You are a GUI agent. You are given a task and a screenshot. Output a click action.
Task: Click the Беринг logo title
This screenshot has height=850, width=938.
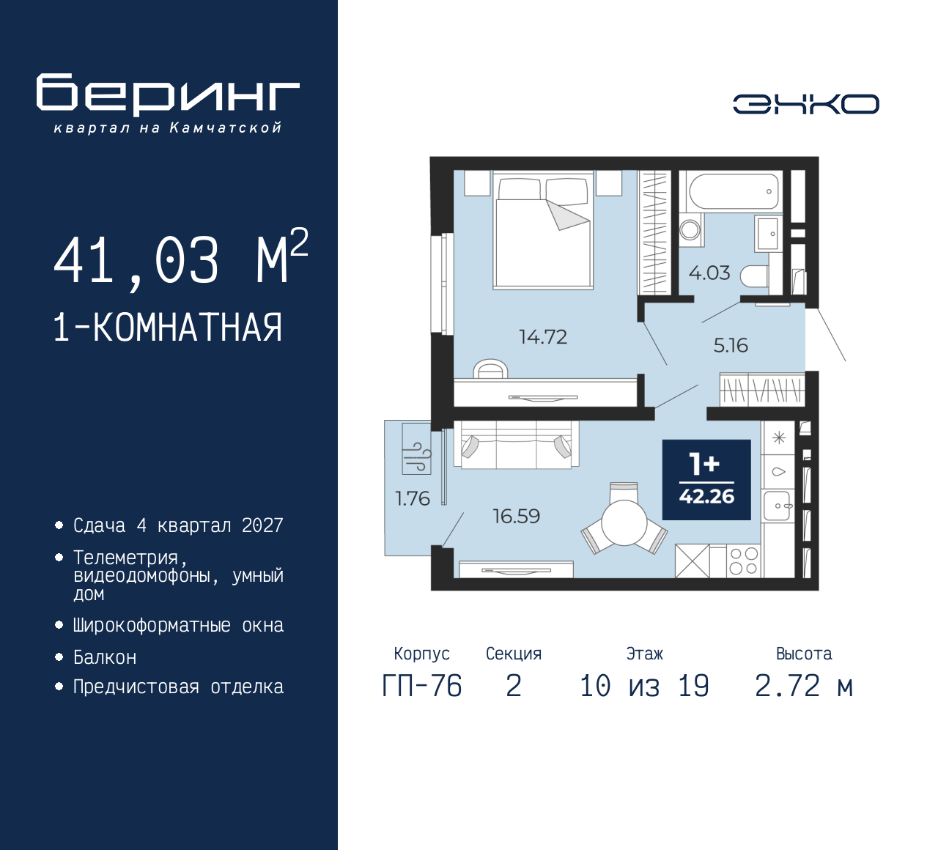coord(168,95)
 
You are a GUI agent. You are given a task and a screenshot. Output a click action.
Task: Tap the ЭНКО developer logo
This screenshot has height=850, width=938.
coord(805,104)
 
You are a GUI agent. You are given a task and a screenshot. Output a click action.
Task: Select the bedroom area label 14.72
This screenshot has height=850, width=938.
coord(543,337)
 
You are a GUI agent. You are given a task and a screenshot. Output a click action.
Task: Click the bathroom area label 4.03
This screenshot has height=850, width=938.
coord(709,273)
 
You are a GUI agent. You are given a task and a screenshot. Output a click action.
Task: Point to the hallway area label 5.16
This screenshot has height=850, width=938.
coord(731,345)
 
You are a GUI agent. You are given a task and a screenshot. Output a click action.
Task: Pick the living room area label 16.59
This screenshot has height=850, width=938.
coord(516,516)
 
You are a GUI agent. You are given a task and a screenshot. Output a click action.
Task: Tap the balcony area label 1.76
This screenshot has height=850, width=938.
coord(412,499)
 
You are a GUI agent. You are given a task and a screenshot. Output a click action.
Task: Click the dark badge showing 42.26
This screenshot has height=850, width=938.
coord(706,480)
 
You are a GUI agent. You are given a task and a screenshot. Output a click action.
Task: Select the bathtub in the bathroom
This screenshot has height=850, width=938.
coord(733,192)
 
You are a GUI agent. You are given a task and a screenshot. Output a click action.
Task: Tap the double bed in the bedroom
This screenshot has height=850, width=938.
coord(543,231)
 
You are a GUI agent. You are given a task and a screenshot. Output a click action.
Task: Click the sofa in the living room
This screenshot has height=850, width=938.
coord(516,445)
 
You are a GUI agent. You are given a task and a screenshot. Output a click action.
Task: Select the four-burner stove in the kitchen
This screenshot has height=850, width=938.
coord(744,561)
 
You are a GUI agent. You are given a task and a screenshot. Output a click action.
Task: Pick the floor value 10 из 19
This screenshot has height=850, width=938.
coord(644,687)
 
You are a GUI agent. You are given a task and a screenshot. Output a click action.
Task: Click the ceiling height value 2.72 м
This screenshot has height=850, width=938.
coord(804,687)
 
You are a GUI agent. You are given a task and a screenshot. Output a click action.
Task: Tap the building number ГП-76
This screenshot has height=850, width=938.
coord(422,687)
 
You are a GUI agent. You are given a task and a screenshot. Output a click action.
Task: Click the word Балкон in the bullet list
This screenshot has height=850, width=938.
coord(105,657)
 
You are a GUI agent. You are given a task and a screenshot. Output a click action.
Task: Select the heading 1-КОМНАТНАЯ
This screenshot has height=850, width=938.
coord(168,328)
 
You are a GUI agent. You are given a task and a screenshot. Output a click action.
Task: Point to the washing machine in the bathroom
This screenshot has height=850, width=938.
coord(690,230)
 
